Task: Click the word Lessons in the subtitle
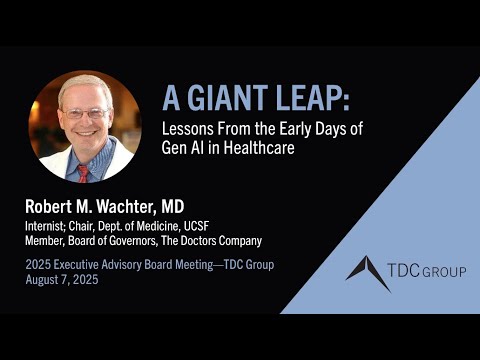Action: click(x=190, y=127)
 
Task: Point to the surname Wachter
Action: click(x=126, y=206)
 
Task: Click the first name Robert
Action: click(x=53, y=206)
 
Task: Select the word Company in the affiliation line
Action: click(x=238, y=240)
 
